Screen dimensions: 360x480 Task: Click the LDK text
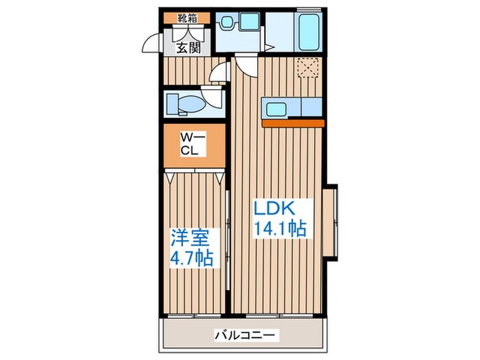click(276, 208)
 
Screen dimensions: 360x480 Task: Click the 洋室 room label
click(190, 237)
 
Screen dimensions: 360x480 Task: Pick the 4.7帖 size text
click(191, 259)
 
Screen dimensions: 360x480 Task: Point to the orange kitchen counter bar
click(292, 123)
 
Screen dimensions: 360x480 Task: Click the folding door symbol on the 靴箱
click(183, 33)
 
